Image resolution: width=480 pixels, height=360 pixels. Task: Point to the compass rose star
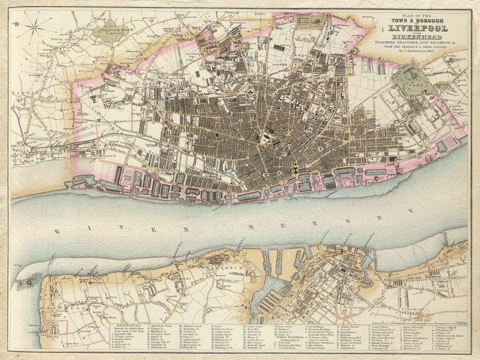(x=34, y=27)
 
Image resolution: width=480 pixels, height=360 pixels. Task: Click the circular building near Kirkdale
(x=108, y=103)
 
